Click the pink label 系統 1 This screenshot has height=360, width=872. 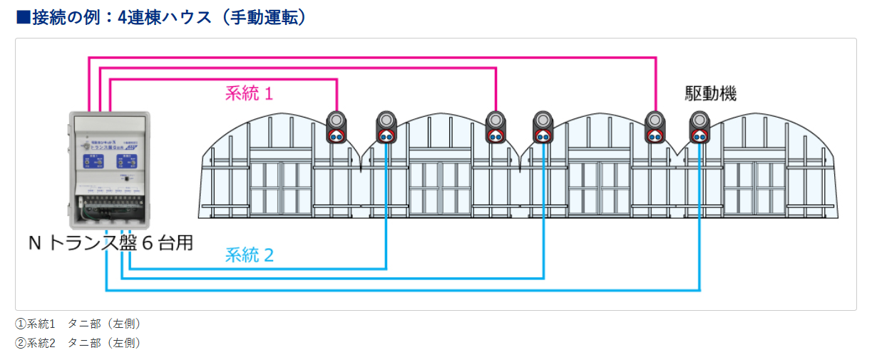pyautogui.click(x=249, y=93)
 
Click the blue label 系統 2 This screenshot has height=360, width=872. pyautogui.click(x=249, y=254)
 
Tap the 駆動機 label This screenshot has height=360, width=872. pyautogui.click(x=710, y=93)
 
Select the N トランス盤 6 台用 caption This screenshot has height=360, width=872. pyautogui.click(x=111, y=243)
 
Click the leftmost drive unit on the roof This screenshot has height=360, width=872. pyautogui.click(x=337, y=127)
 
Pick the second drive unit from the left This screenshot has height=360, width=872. pyautogui.click(x=386, y=127)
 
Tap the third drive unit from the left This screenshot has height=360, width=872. pyautogui.click(x=495, y=127)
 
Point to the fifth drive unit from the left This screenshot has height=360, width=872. pyautogui.click(x=655, y=127)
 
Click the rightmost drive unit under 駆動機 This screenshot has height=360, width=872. pyautogui.click(x=699, y=127)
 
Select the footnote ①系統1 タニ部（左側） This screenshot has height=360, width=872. pyautogui.click(x=78, y=324)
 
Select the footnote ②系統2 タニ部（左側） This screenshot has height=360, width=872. pyautogui.click(x=78, y=343)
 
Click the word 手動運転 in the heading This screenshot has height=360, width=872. pyautogui.click(x=262, y=17)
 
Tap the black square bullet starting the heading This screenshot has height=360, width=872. pyautogui.click(x=23, y=17)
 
